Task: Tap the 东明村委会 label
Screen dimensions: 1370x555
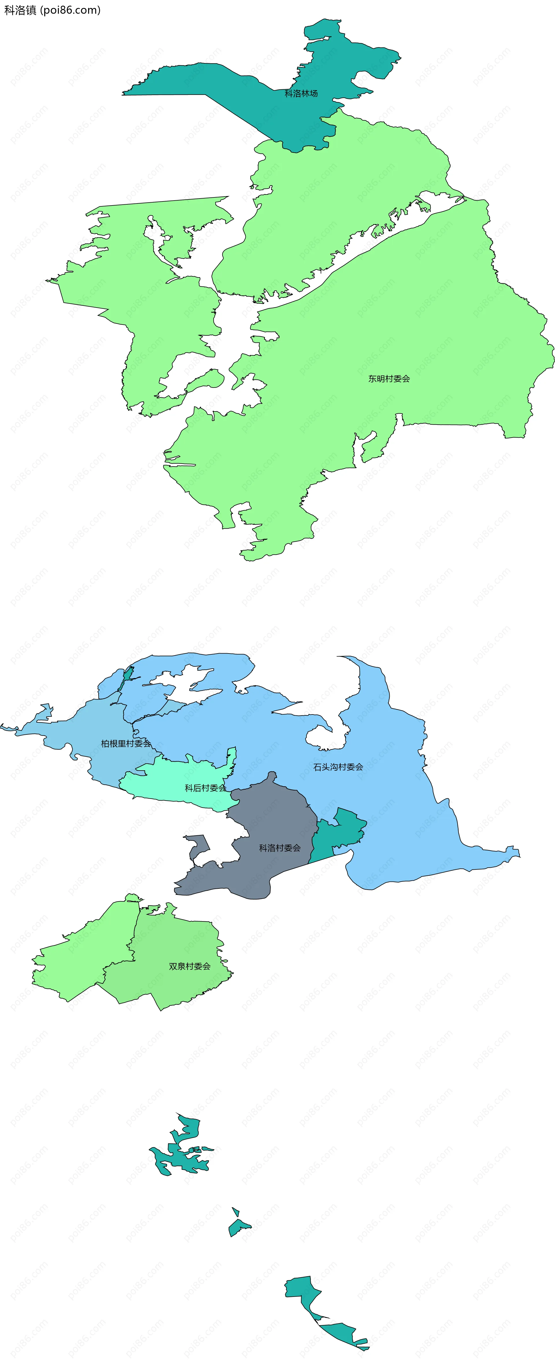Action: [x=389, y=379]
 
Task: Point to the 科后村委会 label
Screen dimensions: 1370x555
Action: [x=206, y=788]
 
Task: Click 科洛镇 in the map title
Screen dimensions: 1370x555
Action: [x=20, y=10]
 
